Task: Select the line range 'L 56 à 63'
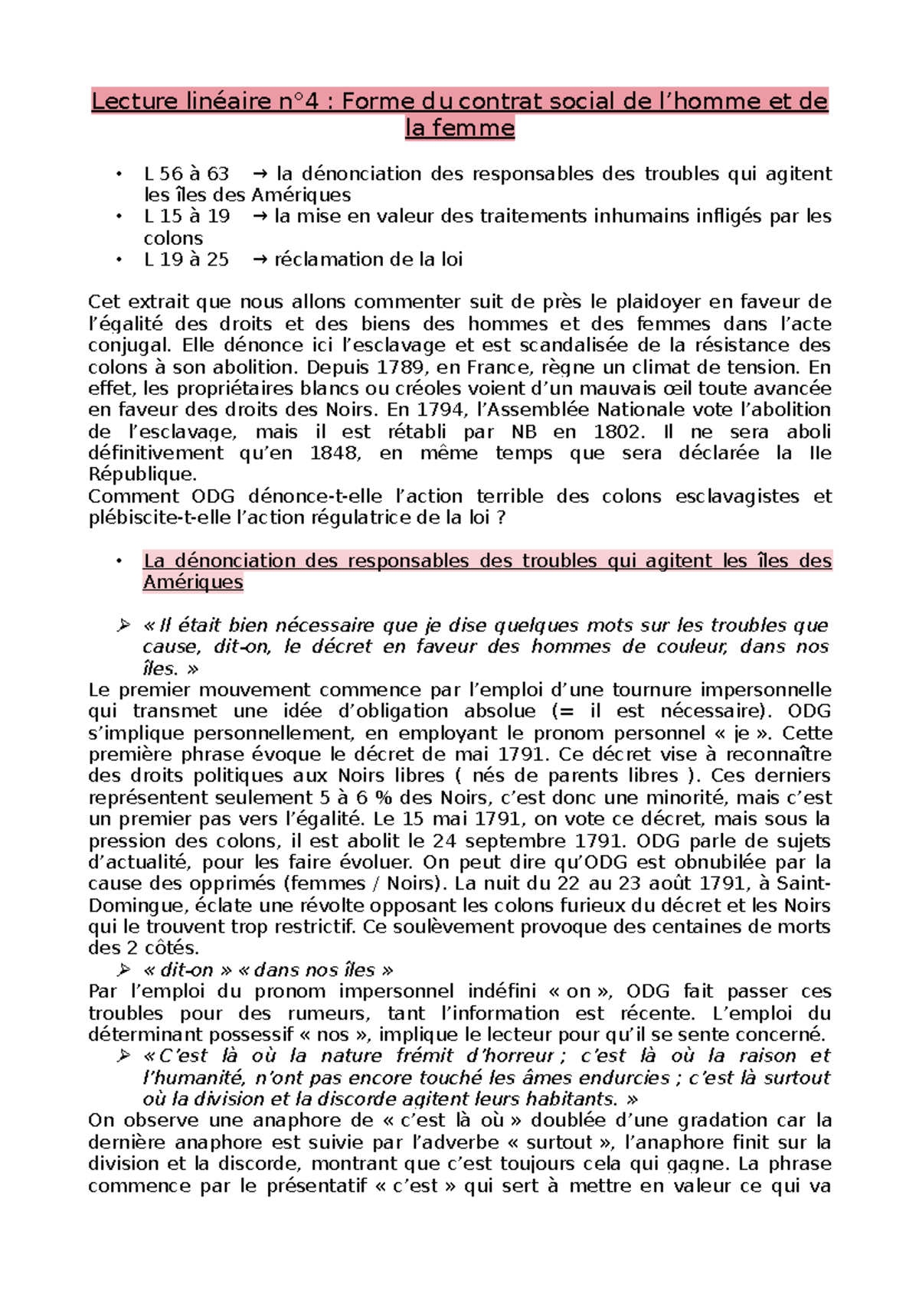pyautogui.click(x=186, y=174)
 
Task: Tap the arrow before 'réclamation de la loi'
pyautogui.click(x=260, y=260)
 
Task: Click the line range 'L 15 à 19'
pyautogui.click(x=186, y=217)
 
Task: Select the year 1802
pyautogui.click(x=619, y=431)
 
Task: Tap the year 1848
pyautogui.click(x=335, y=452)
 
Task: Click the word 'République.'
pyautogui.click(x=142, y=474)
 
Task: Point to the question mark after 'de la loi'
pyautogui.click(x=501, y=518)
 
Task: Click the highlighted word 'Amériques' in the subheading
pyautogui.click(x=193, y=582)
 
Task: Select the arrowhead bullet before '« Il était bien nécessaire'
pyautogui.click(x=123, y=626)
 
